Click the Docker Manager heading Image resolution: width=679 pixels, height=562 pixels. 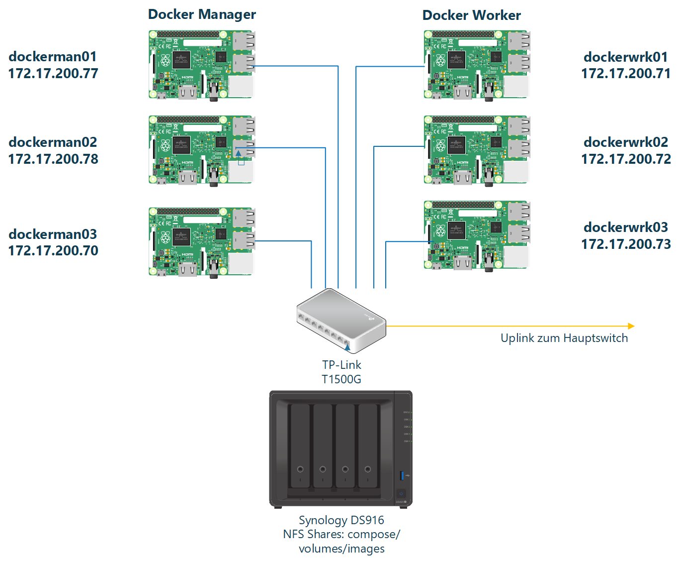click(x=202, y=14)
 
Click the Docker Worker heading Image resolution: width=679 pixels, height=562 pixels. click(x=471, y=15)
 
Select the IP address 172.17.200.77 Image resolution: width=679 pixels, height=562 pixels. click(x=53, y=74)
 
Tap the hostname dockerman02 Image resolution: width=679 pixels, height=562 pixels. click(x=53, y=142)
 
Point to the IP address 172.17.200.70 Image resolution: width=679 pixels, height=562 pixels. click(x=53, y=251)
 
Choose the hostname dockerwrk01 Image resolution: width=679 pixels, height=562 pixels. click(x=625, y=57)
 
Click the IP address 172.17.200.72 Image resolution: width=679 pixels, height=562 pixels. click(x=626, y=159)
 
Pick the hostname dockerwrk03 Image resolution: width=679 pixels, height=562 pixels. click(x=625, y=227)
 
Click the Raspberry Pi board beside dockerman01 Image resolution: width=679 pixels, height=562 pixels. click(x=202, y=65)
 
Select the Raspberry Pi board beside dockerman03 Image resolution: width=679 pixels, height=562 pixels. click(x=202, y=242)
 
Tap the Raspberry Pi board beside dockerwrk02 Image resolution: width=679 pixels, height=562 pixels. click(x=477, y=150)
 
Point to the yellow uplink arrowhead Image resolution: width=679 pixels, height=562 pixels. click(x=631, y=326)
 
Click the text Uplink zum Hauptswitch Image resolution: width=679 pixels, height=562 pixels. click(x=564, y=338)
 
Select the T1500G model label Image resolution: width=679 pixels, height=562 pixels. click(x=341, y=379)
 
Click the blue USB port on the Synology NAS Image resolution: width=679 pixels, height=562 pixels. click(x=402, y=475)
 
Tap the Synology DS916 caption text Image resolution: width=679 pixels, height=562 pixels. click(x=341, y=520)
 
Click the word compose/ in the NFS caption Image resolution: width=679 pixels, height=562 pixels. click(x=374, y=535)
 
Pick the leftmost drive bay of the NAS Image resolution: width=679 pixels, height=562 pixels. click(x=300, y=446)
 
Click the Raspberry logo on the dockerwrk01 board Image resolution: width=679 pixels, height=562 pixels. click(x=440, y=61)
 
